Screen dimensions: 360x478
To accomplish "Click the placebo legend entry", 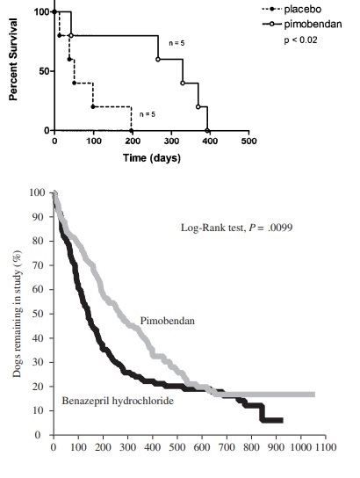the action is [292, 9].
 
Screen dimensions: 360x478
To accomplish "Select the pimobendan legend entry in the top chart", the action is [302, 24].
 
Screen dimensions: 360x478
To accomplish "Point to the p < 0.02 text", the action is [300, 40].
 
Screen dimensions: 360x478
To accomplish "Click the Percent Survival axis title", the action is [13, 60].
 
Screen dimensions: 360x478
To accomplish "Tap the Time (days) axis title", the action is [152, 158].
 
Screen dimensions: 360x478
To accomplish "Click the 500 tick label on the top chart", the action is [248, 141].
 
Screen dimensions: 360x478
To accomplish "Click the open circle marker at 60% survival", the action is [158, 59].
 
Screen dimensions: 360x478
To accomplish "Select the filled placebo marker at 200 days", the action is [132, 130].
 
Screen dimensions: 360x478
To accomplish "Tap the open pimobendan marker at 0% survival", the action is [207, 130].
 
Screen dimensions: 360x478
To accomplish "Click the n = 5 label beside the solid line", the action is [176, 43].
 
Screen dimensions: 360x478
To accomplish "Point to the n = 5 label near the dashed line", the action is [148, 114].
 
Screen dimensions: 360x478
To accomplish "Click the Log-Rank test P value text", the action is [237, 228].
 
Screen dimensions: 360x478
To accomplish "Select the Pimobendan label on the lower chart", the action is [167, 321].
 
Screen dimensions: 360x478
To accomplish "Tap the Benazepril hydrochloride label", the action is [118, 401].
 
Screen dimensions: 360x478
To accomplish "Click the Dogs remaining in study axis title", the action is [17, 314].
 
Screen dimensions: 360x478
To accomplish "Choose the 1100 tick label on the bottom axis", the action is [326, 447].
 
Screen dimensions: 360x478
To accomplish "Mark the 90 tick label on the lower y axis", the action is [39, 216].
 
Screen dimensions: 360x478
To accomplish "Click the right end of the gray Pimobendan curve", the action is [314, 395].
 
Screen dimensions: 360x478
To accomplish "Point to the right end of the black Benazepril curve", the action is [283, 420].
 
